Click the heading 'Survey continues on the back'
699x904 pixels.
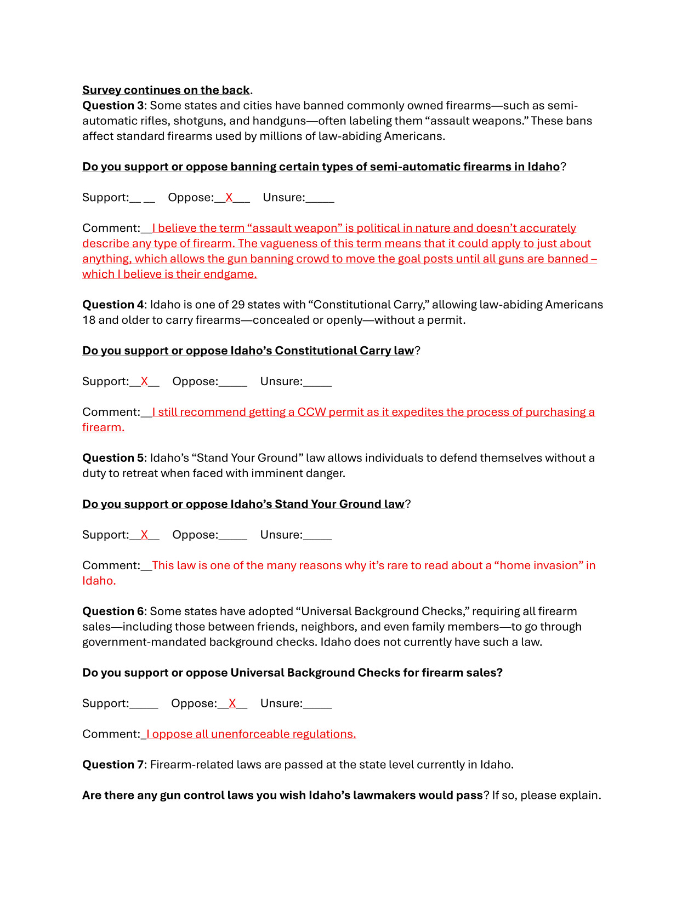[x=166, y=90]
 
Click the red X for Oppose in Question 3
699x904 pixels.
[x=229, y=198]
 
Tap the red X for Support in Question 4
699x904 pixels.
[x=144, y=382]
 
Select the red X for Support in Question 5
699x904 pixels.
[x=144, y=535]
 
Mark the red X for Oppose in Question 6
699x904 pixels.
[x=232, y=704]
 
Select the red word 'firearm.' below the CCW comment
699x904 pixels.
[x=104, y=427]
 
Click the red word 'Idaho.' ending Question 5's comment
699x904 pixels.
[x=99, y=581]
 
